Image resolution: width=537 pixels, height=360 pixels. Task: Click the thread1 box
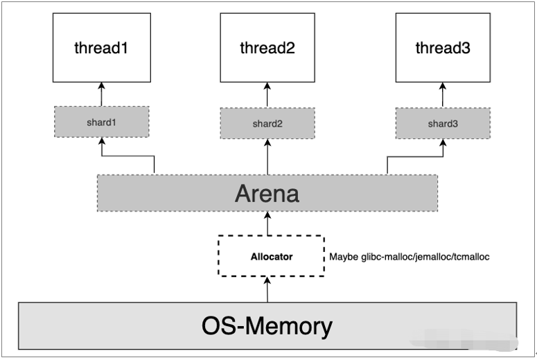(x=101, y=48)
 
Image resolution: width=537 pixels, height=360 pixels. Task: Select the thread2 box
(x=267, y=48)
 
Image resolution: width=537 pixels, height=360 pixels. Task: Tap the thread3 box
(x=442, y=48)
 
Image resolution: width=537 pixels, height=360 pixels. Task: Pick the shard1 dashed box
(x=101, y=122)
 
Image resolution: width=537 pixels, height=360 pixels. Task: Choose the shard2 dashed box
(x=267, y=123)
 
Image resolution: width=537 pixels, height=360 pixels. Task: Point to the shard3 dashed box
(x=442, y=123)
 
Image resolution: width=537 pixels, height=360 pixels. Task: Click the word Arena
(x=267, y=192)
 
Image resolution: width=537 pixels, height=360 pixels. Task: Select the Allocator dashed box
(x=271, y=256)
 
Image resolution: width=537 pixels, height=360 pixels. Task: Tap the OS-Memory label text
(x=267, y=325)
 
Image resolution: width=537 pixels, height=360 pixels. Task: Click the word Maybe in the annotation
(x=344, y=257)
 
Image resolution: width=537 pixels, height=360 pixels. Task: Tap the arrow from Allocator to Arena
(x=267, y=223)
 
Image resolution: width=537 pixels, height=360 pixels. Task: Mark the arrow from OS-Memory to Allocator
(x=267, y=289)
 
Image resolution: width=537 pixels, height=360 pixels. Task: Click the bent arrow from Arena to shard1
(x=128, y=156)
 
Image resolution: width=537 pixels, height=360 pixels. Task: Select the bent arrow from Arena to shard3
(x=414, y=156)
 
